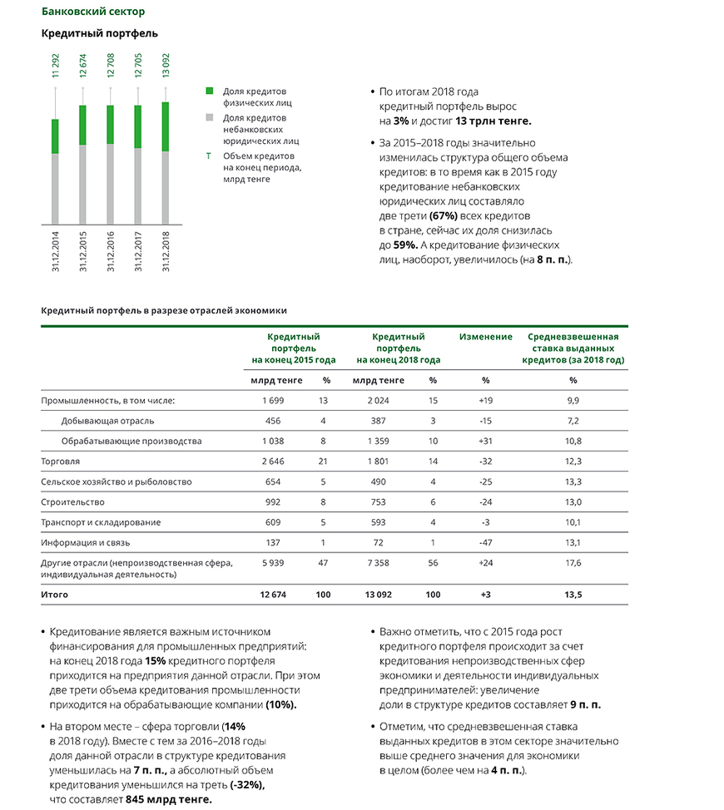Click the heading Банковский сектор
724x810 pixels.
coord(92,12)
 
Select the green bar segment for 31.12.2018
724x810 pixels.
coord(164,126)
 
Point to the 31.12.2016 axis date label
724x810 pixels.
coord(110,249)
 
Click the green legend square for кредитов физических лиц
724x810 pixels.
coord(211,91)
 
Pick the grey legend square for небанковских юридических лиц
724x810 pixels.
coord(211,118)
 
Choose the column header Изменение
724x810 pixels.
coord(486,337)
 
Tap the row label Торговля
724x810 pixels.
coord(61,461)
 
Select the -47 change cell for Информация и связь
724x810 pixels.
coord(486,542)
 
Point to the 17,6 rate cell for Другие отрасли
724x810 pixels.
coord(573,563)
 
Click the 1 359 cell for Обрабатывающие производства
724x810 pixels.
coord(379,441)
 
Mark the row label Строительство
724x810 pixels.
coord(71,501)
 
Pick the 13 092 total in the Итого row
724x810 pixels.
coord(379,595)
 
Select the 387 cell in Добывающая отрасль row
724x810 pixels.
coord(379,421)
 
